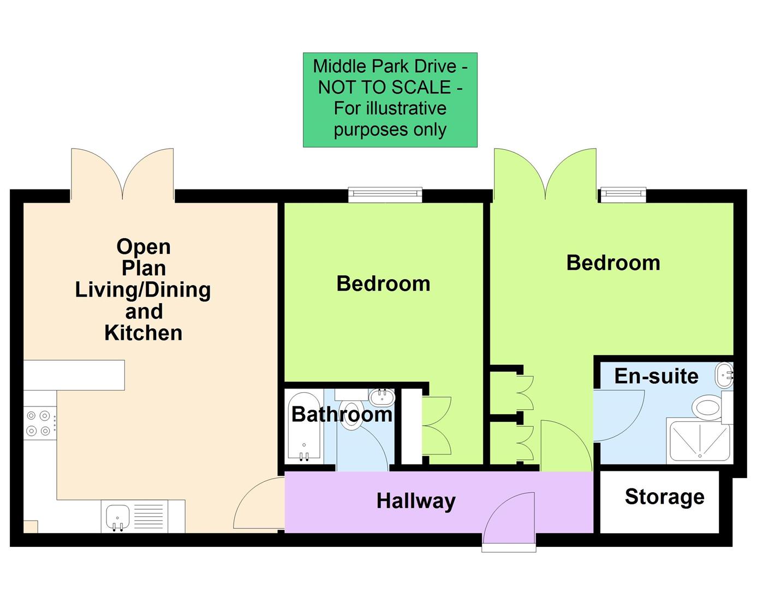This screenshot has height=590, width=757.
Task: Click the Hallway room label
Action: [x=416, y=501]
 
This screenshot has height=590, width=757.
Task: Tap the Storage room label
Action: [x=664, y=497]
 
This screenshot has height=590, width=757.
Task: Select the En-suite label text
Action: [x=656, y=376]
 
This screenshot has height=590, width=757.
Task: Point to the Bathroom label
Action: [x=342, y=414]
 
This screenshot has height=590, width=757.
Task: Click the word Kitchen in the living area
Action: [x=144, y=333]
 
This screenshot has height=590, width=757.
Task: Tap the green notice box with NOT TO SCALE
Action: [x=390, y=99]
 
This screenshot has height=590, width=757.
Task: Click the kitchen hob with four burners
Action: [x=39, y=423]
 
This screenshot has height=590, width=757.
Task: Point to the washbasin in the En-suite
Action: [x=725, y=375]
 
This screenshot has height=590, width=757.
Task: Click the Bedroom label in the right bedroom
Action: [x=613, y=263]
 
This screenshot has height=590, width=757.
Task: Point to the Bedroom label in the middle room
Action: [x=383, y=284]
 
